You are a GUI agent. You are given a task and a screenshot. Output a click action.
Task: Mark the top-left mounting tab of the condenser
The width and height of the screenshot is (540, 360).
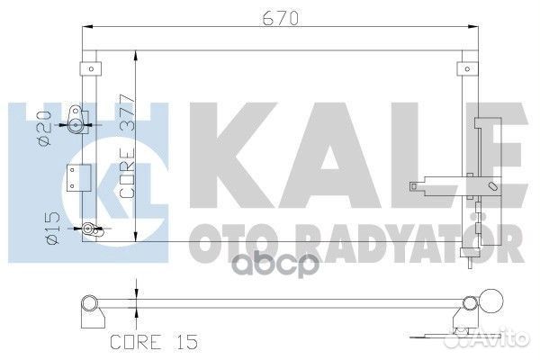(x=87, y=68)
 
